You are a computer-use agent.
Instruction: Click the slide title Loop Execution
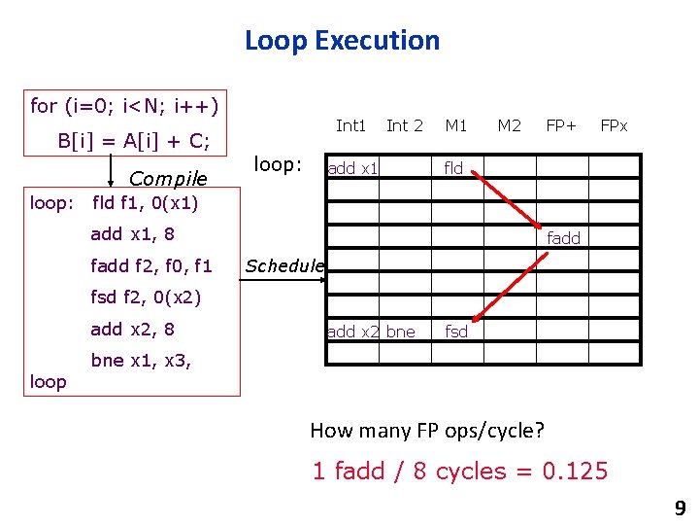342,41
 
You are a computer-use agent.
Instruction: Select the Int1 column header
350,125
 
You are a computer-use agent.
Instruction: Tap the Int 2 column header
404,125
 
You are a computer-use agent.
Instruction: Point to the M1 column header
456,125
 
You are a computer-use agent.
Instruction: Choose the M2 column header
509,125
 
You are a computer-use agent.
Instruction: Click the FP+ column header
561,125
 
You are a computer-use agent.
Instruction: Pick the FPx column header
614,125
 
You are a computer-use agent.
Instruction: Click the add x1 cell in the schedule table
352,168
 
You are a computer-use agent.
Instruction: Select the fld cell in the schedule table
454,168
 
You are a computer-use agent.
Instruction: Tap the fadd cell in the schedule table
563,238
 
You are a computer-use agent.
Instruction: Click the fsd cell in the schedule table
456,332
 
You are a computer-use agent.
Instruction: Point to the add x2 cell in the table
353,332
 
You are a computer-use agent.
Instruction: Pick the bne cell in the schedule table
401,332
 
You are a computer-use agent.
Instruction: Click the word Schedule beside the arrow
284,265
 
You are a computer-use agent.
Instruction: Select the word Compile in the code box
168,179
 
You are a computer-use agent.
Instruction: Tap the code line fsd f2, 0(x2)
145,297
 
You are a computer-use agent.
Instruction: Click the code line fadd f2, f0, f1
150,265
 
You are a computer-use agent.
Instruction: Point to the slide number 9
680,507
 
